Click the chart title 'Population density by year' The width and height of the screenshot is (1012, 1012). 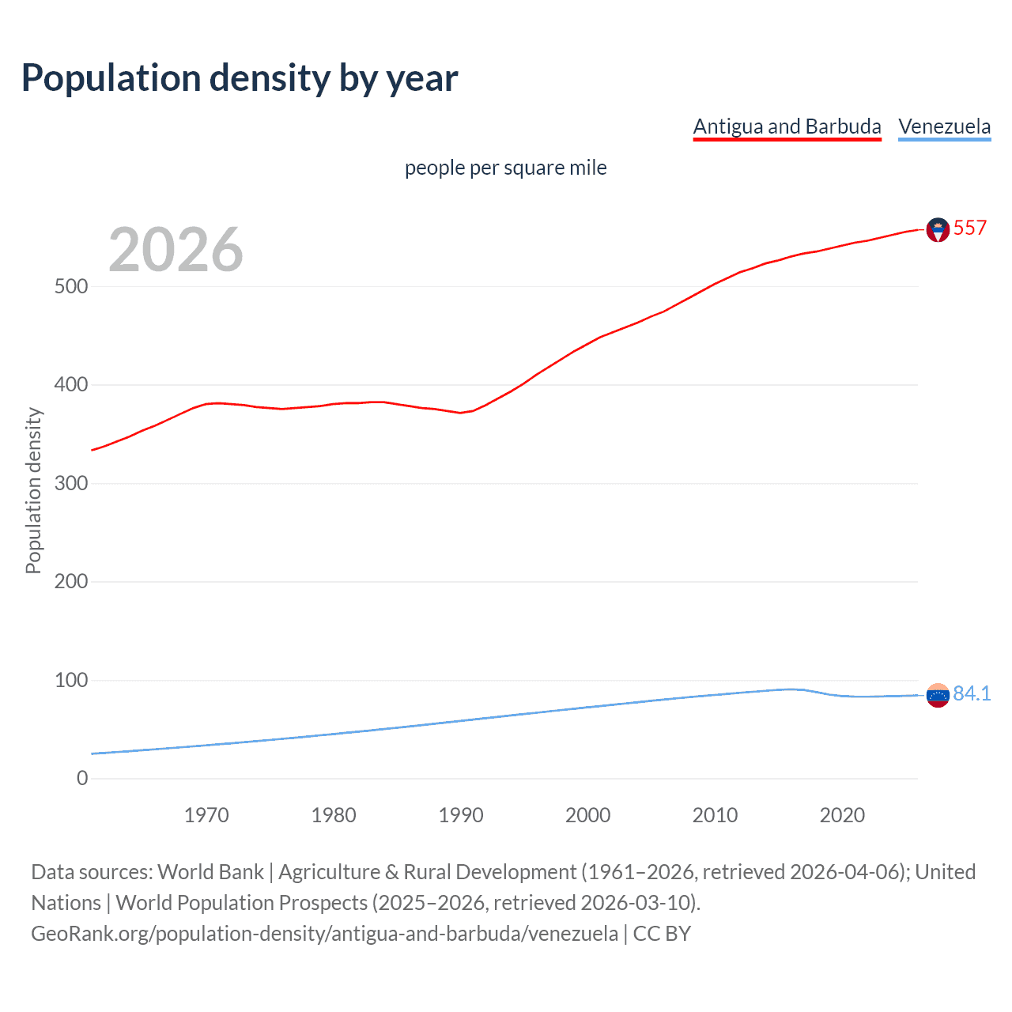240,78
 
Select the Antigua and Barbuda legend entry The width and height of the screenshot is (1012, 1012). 787,126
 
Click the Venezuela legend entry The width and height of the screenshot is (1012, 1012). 944,126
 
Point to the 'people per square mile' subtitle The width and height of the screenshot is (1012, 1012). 506,168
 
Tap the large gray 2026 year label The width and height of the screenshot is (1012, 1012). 176,250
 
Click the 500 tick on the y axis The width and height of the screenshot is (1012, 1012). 71,286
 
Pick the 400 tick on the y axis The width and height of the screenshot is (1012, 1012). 71,385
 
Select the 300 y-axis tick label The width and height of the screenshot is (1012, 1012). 71,483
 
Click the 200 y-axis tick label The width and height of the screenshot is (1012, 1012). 71,582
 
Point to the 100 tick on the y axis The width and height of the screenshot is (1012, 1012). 71,680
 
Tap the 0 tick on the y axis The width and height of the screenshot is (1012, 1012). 82,778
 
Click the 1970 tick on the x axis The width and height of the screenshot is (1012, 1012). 206,815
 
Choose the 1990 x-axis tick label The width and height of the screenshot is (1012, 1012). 461,815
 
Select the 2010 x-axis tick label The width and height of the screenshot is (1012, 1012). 715,815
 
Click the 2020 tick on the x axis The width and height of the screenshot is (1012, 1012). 842,815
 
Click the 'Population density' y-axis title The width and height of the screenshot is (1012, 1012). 33,490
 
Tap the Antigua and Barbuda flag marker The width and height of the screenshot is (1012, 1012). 938,229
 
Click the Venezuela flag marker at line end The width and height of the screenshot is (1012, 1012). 938,695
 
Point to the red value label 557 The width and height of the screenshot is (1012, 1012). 970,228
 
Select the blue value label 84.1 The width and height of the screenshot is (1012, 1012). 972,693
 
